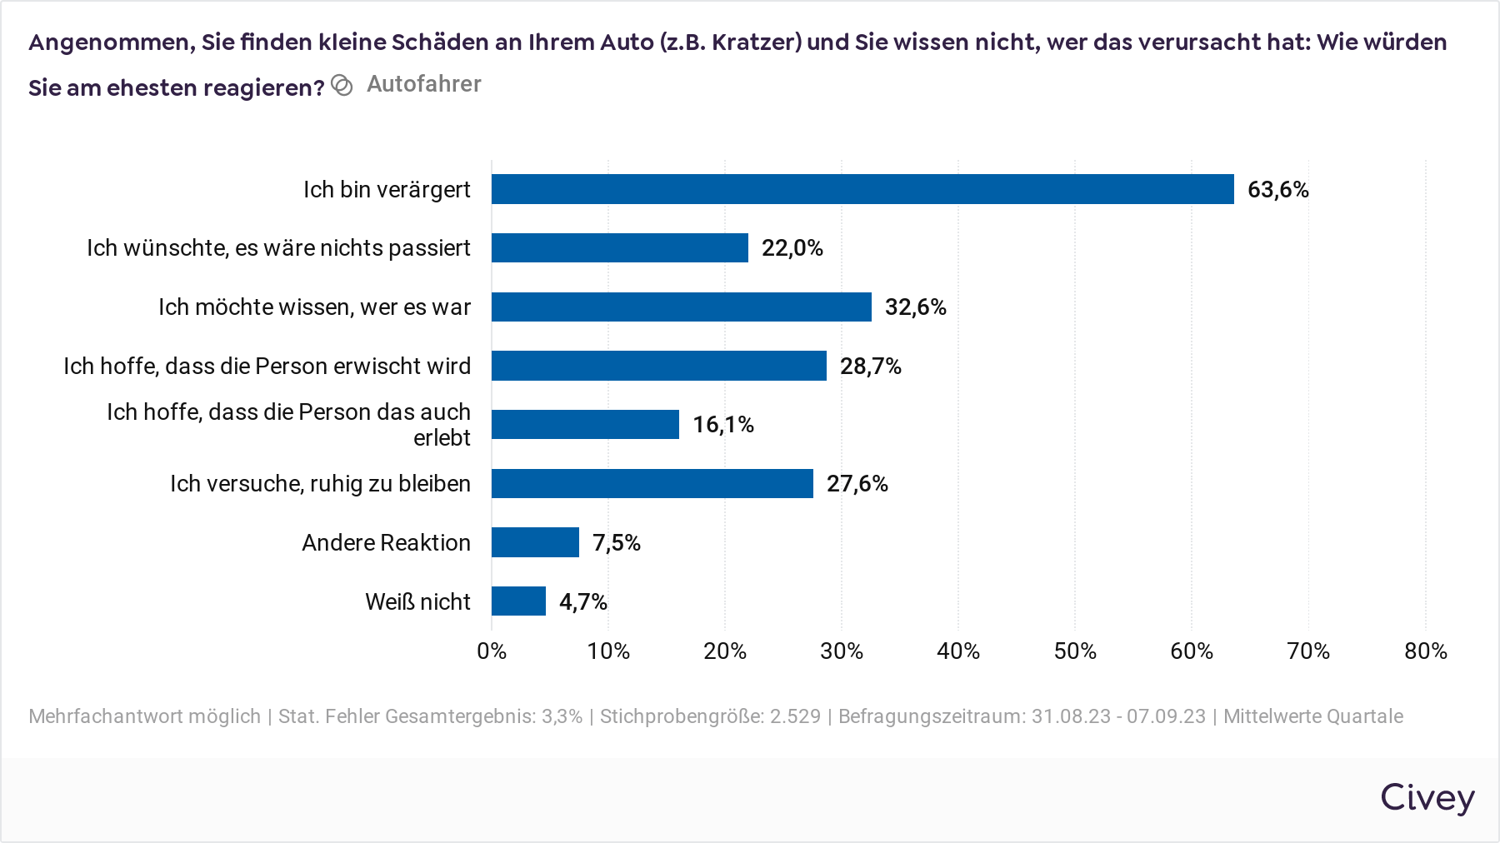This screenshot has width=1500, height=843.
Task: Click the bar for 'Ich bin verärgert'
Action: tap(862, 189)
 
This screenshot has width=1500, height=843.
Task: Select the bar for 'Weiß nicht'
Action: tap(518, 601)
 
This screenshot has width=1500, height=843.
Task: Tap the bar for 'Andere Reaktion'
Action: tap(535, 542)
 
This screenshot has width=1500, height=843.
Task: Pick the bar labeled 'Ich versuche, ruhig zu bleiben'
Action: tap(652, 483)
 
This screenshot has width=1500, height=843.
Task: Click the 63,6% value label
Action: tap(1277, 190)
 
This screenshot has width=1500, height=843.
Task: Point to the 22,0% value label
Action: tap(792, 248)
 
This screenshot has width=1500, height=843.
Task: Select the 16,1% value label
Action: tap(722, 425)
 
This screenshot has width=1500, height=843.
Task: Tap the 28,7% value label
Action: tap(870, 367)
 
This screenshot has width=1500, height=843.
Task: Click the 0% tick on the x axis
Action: tap(492, 651)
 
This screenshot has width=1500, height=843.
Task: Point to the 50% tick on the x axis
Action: tap(1075, 651)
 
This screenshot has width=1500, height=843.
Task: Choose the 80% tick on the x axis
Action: tap(1425, 651)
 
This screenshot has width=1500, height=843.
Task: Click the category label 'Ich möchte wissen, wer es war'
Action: tap(314, 307)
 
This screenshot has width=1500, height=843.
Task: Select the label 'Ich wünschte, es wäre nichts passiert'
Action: tap(278, 248)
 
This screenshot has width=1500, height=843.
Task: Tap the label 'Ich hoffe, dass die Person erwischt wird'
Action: tap(267, 367)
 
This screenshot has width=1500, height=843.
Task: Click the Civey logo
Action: tap(1427, 798)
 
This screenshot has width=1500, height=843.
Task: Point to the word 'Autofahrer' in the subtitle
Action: tap(423, 84)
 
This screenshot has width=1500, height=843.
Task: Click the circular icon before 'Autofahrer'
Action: tap(342, 85)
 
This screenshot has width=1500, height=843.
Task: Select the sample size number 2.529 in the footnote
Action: tap(795, 716)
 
